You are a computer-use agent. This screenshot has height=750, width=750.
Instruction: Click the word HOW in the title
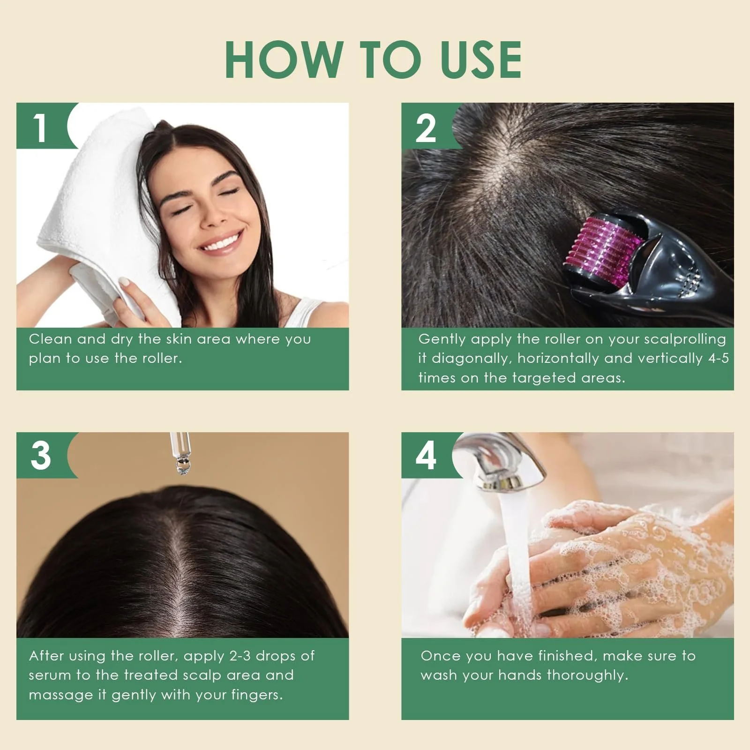click(x=284, y=60)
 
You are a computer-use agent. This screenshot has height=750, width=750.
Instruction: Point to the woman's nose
click(x=214, y=213)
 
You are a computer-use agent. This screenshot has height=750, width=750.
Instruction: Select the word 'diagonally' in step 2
click(x=470, y=359)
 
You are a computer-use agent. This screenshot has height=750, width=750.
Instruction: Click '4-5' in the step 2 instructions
click(x=719, y=359)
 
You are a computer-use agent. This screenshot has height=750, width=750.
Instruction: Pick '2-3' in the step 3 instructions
click(x=240, y=656)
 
